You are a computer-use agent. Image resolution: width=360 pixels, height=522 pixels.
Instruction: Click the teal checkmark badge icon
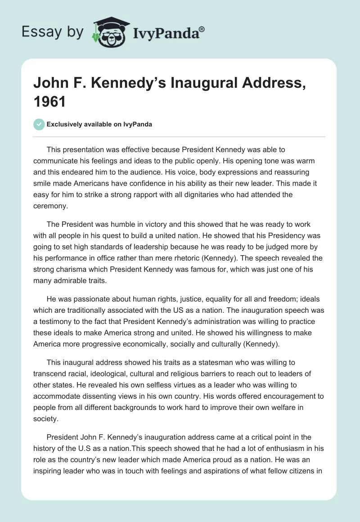tap(39, 124)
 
